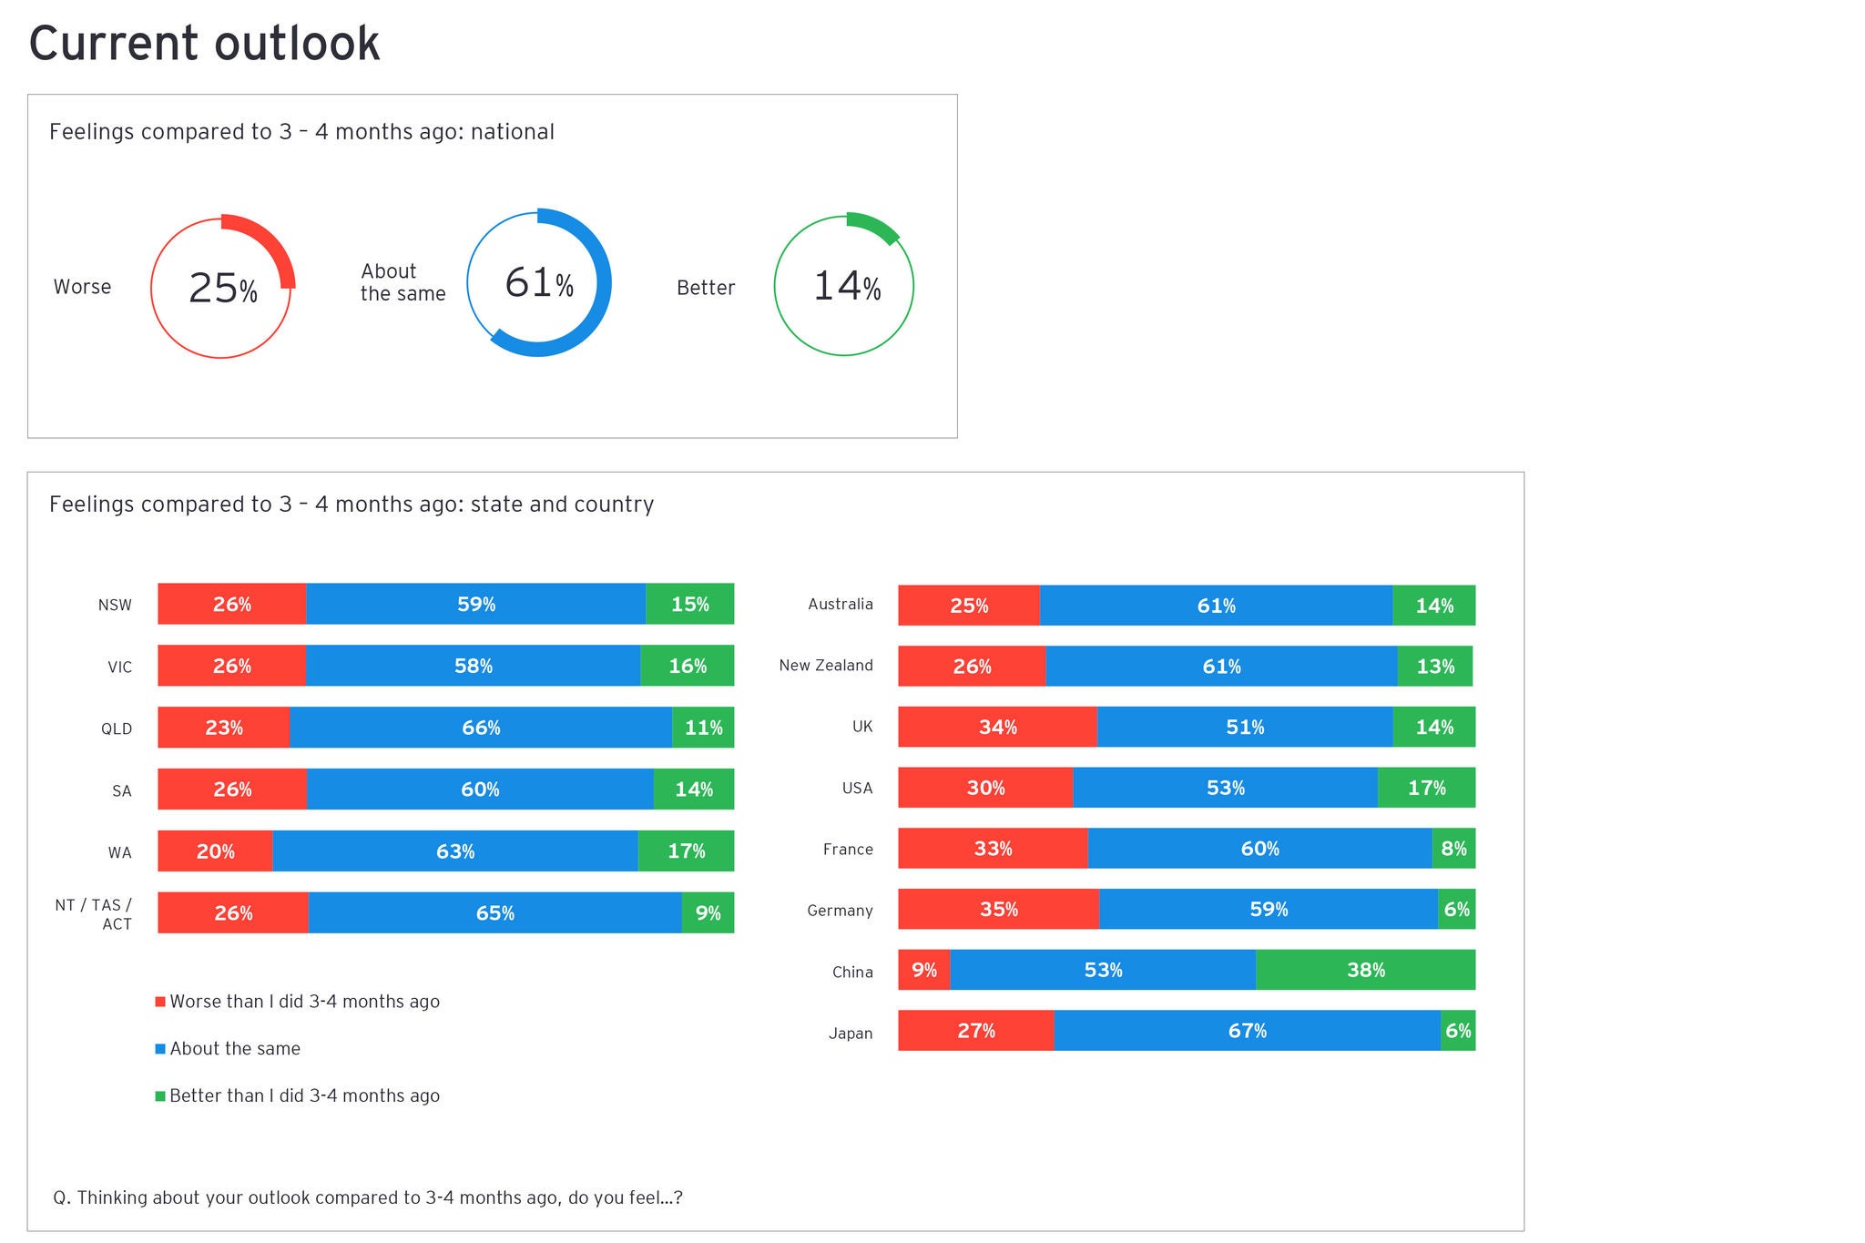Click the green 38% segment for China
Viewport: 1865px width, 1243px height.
click(x=1365, y=970)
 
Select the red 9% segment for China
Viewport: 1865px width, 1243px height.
click(x=923, y=970)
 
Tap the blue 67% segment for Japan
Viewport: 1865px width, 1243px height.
click(x=1247, y=1030)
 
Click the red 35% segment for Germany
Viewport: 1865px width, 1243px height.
click(x=998, y=909)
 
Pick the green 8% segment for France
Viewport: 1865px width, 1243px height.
click(x=1453, y=848)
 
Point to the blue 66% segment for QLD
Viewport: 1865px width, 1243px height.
click(x=481, y=728)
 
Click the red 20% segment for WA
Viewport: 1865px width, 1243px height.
click(x=215, y=851)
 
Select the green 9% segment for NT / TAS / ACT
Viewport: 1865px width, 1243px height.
click(x=708, y=912)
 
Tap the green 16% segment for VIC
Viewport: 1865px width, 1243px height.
click(x=687, y=666)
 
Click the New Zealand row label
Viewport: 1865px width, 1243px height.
click(x=825, y=666)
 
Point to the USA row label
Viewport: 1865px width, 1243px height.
click(x=857, y=788)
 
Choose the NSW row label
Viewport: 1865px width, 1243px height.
click(x=115, y=605)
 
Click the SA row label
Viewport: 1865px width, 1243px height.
click(x=121, y=790)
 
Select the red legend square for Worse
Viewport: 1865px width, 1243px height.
click(x=160, y=1002)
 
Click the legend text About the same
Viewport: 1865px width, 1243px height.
click(x=235, y=1048)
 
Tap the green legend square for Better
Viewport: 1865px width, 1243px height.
click(x=160, y=1095)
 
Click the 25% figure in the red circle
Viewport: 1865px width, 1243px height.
click(x=222, y=288)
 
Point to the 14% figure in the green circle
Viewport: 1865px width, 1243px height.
click(x=846, y=286)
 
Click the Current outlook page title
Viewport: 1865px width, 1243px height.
click(x=204, y=43)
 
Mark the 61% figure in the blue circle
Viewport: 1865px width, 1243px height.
click(x=539, y=282)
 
